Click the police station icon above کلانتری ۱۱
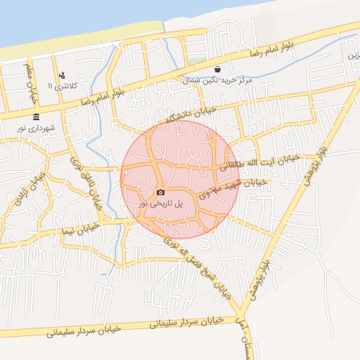click(x=63, y=75)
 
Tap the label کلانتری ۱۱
click(x=60, y=86)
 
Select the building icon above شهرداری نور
click(x=36, y=117)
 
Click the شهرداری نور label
click(x=37, y=129)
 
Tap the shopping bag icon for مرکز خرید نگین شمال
click(x=217, y=70)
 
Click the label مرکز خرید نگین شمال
click(x=217, y=82)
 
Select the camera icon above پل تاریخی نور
click(x=160, y=192)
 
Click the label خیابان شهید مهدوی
click(x=232, y=187)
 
